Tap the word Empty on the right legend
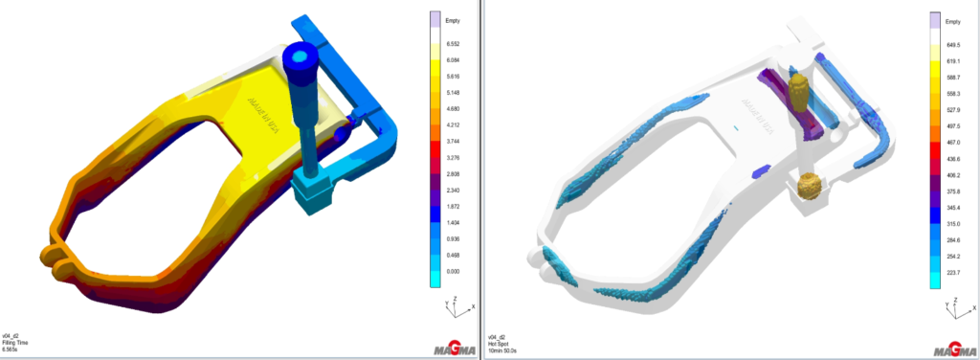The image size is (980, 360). [x=953, y=20]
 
